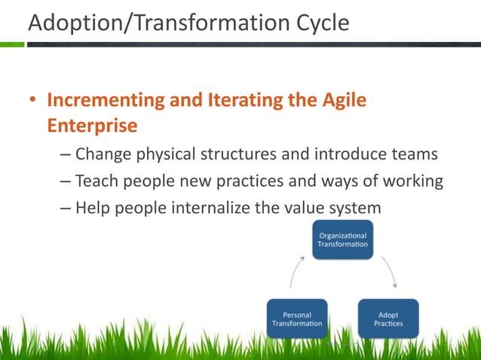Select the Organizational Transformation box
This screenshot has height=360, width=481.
(x=342, y=240)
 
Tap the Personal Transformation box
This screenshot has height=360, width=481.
(x=297, y=319)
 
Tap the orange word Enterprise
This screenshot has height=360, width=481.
(x=92, y=125)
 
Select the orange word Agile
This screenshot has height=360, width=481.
(x=339, y=100)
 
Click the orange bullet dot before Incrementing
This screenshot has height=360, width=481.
(x=32, y=101)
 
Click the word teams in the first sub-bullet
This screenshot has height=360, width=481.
(x=412, y=155)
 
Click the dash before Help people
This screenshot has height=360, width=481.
(x=65, y=206)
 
